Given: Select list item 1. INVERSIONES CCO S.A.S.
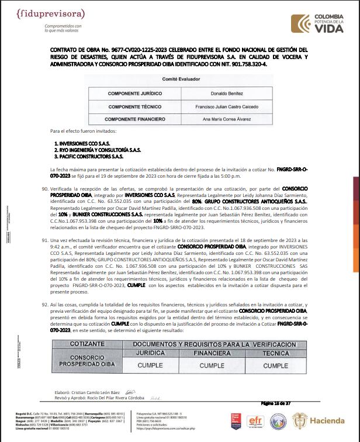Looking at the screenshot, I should click(x=82, y=143).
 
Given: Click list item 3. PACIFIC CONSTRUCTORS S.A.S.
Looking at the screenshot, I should click(x=89, y=157).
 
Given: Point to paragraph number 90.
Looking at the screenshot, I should click(x=45, y=189).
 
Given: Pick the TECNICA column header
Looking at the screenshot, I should click(x=275, y=353).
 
